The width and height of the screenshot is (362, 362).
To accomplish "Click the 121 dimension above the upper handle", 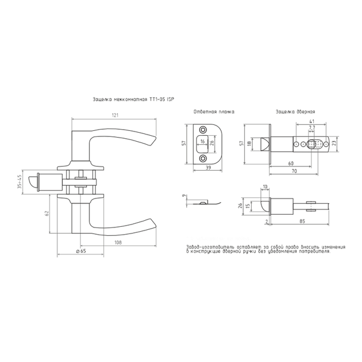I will tap(114, 115).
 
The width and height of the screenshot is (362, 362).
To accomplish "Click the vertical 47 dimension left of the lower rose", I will tap(47, 213).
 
